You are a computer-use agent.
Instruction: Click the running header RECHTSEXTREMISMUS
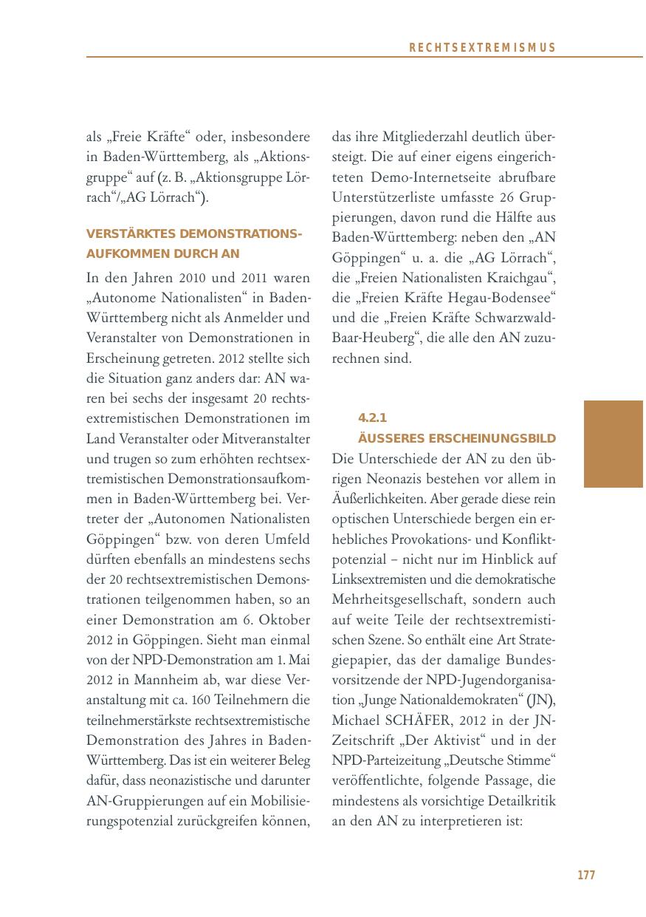pyautogui.click(x=481, y=48)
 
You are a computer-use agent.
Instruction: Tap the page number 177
pyautogui.click(x=585, y=875)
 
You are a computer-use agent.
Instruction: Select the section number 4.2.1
pyautogui.click(x=372, y=417)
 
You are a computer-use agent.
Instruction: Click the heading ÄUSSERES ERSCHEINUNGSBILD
pyautogui.click(x=456, y=438)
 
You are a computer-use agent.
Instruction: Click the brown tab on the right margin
pyautogui.click(x=613, y=443)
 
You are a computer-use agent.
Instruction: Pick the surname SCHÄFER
pyautogui.click(x=424, y=719)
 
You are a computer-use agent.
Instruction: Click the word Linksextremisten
pyautogui.click(x=376, y=579)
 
